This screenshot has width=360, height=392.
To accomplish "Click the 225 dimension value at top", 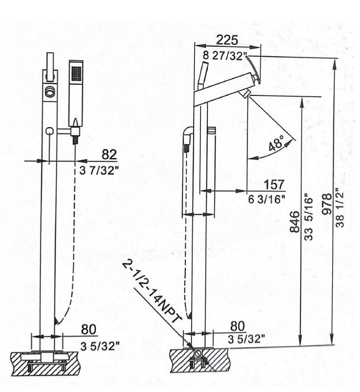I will coord(227,40).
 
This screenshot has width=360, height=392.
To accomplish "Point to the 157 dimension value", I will coord(274,185).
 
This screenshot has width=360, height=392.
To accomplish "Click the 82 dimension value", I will coord(110,155).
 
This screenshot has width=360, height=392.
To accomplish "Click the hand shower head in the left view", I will coord(75,83).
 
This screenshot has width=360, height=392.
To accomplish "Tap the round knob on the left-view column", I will coord(50,131).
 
